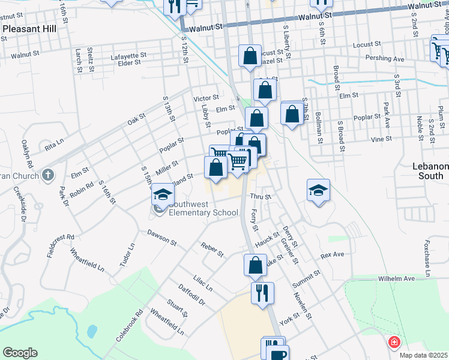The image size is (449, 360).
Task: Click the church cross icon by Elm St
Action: (x=48, y=176)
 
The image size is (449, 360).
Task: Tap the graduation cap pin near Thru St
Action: (x=318, y=191)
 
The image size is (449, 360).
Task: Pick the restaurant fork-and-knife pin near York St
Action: (x=262, y=293)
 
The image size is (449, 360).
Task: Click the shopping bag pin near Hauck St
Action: (x=255, y=265)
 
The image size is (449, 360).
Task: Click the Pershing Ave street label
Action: (x=384, y=59)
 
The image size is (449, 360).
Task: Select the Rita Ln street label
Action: (x=53, y=145)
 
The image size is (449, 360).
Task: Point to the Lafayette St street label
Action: (x=128, y=56)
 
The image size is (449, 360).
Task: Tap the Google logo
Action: (x=20, y=353)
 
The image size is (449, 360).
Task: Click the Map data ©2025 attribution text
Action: (x=424, y=355)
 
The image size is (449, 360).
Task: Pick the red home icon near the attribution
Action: (x=394, y=343)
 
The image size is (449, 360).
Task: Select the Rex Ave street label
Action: (x=332, y=255)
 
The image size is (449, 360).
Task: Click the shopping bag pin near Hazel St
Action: (x=250, y=56)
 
